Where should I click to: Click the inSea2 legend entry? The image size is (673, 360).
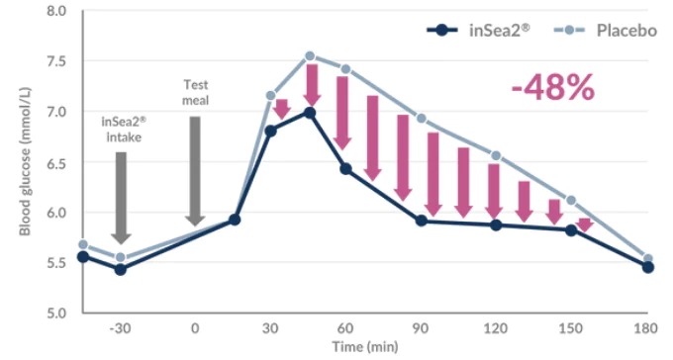pos(479,30)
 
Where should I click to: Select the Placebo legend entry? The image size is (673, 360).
pos(605,30)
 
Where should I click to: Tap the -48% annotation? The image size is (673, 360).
pos(553,87)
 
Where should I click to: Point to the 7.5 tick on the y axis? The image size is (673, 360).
pos(56,61)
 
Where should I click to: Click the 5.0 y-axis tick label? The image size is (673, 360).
pos(56,313)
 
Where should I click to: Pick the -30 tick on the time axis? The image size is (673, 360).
pos(120,328)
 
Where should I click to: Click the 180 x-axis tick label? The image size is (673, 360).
pos(647,328)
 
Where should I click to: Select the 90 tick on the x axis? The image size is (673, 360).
pos(421,328)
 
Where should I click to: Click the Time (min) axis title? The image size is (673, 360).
pos(365,347)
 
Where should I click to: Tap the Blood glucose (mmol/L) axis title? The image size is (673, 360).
pos(26,162)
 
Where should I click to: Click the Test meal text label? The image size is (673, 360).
pos(196,92)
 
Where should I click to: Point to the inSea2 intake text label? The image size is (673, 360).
pos(124,130)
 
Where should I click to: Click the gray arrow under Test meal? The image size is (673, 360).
pos(195,171)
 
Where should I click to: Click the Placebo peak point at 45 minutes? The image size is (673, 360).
pos(310,56)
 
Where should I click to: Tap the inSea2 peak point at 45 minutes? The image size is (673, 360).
pos(310,113)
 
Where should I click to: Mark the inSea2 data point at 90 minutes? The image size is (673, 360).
pos(422,221)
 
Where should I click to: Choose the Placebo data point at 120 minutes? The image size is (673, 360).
pos(496,155)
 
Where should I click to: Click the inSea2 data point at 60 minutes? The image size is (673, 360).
pos(346,169)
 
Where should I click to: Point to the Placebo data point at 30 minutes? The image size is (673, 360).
pos(271,95)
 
